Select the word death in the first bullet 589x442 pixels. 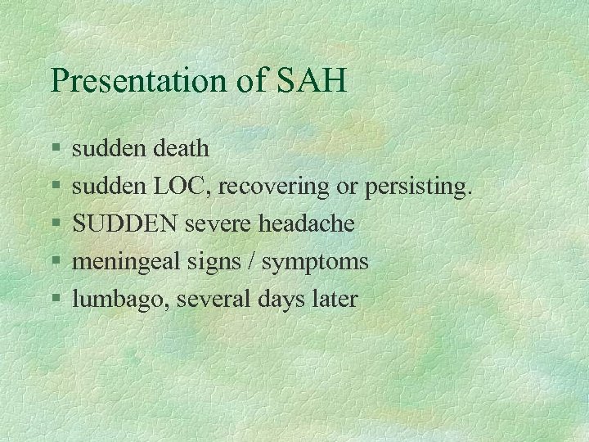point(179,149)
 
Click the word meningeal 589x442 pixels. point(123,262)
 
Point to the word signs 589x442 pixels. point(208,262)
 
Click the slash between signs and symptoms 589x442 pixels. point(250,262)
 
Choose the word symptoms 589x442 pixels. point(315,262)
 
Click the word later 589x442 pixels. point(334,300)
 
